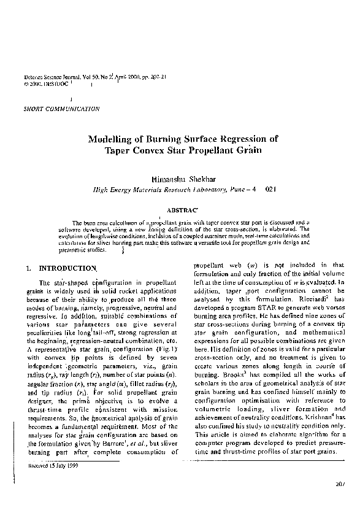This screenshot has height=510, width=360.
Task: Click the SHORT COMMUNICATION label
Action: pyautogui.click(x=61, y=109)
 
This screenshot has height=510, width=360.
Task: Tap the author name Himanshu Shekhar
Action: pyautogui.click(x=183, y=179)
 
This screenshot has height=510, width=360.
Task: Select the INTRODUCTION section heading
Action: pyautogui.click(x=67, y=268)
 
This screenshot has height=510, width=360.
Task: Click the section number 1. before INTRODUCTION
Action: pyautogui.click(x=29, y=268)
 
